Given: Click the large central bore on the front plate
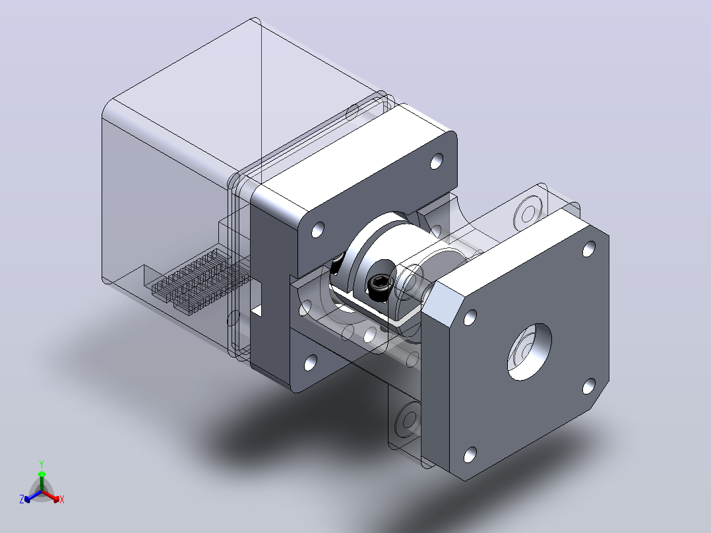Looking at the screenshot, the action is [x=529, y=352].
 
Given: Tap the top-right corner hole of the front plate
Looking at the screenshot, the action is [x=588, y=249].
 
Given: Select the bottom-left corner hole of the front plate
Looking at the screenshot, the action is [x=470, y=454].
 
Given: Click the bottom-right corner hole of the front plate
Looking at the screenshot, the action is [x=588, y=386].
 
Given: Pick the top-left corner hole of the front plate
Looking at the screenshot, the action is [x=470, y=317].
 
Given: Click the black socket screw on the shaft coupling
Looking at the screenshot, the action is [x=380, y=284].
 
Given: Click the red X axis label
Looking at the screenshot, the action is [x=62, y=499].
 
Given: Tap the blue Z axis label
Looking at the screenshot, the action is [x=22, y=499].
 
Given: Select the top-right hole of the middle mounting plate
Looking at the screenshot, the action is [x=436, y=161].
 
